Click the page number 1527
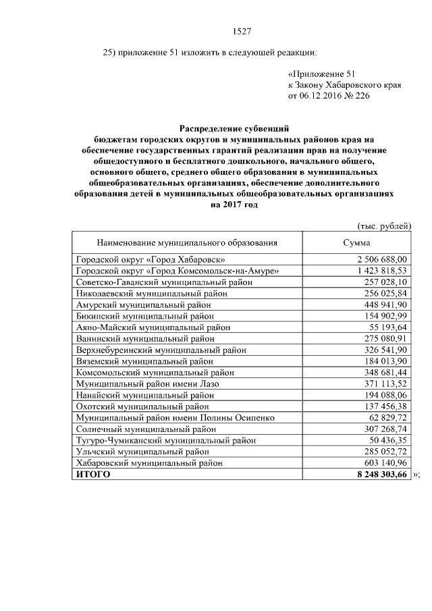tap(242, 30)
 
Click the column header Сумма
tap(356, 242)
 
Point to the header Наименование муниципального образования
tap(187, 242)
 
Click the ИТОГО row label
tap(92, 475)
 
